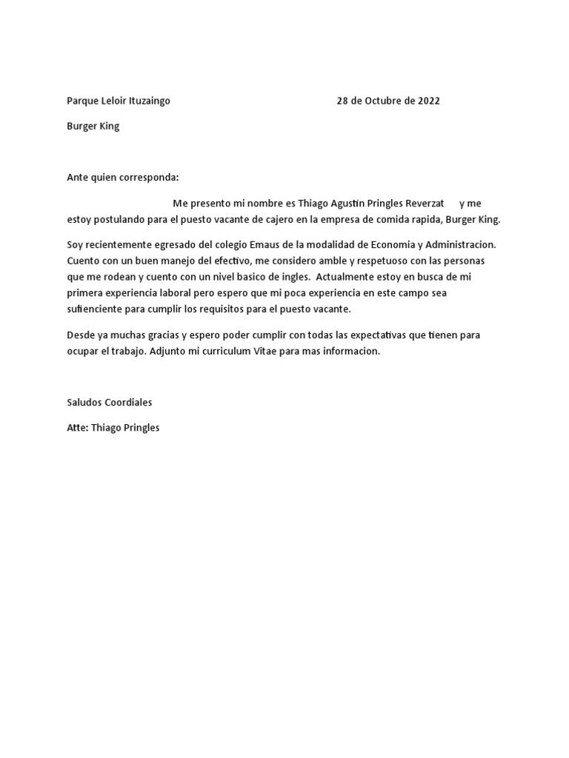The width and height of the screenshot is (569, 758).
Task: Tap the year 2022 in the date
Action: click(428, 101)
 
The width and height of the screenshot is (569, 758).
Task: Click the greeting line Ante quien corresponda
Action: click(123, 178)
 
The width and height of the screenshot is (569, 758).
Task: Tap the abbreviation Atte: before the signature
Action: click(77, 428)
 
